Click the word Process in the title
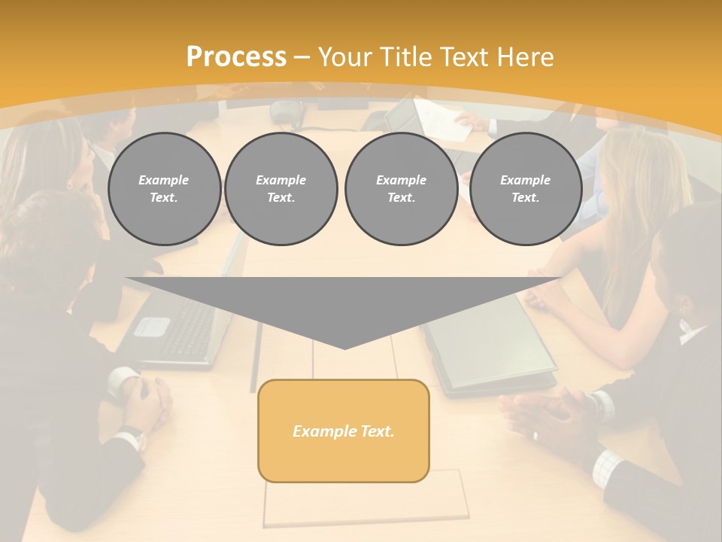(236, 57)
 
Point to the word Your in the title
(345, 57)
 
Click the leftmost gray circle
(164, 189)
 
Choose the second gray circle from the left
(281, 189)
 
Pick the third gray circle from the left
(401, 189)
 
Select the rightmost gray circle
(525, 189)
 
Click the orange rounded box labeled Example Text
(343, 431)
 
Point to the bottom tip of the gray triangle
(344, 349)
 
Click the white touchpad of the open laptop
(153, 326)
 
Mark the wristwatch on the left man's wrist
(134, 437)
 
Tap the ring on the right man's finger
(535, 435)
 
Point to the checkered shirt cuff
(605, 468)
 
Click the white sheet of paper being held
(443, 118)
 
